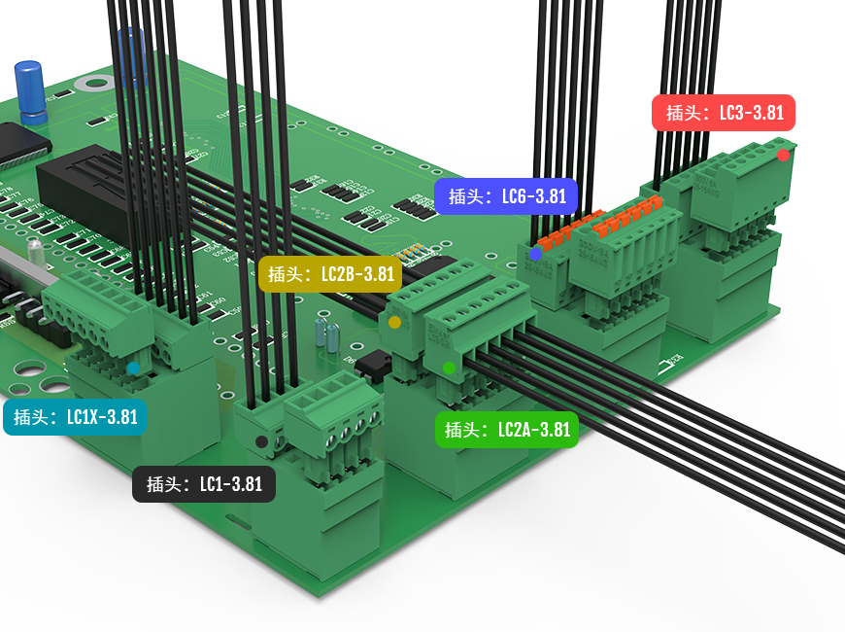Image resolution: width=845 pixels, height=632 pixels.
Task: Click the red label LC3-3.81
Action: pos(723,113)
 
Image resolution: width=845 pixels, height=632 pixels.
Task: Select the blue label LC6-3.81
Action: pos(506,196)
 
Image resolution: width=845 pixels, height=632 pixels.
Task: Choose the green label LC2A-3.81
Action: pos(506,429)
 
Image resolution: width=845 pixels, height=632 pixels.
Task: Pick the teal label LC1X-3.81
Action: pos(75,418)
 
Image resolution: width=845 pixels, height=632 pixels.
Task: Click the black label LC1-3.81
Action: pos(204,484)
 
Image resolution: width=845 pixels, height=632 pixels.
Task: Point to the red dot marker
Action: pos(783,155)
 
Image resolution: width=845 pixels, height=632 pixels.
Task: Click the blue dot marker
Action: pos(535,254)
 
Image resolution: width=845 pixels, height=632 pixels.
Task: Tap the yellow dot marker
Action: pos(394,322)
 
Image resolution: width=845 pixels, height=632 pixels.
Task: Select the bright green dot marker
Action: pos(449,368)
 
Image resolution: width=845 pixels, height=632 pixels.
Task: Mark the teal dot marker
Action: pos(133,369)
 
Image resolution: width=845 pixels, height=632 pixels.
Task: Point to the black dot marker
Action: pos(261,442)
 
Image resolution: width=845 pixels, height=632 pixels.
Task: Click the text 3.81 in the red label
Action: pos(764,113)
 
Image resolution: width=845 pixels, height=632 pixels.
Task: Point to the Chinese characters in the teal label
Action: pos(32,418)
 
